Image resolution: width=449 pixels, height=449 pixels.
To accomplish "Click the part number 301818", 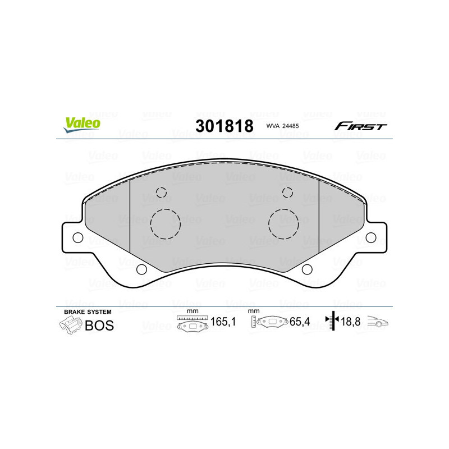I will [x=224, y=126].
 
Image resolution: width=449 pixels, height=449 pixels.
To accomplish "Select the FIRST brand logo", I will [x=360, y=126].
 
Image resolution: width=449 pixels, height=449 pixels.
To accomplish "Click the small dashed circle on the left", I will [x=162, y=193].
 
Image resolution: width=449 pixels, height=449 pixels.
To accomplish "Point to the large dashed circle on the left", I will [x=166, y=223].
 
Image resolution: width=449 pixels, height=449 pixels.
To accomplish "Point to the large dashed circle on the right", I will [x=284, y=223].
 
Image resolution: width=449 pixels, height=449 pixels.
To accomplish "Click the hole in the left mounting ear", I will [x=78, y=238].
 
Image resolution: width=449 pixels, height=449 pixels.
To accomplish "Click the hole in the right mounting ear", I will [x=371, y=238].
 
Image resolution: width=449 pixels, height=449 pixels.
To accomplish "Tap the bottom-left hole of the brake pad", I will [x=142, y=269].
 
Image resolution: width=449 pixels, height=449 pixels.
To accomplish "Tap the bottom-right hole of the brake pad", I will [x=306, y=269].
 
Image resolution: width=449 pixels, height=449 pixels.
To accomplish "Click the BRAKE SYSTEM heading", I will [x=88, y=311].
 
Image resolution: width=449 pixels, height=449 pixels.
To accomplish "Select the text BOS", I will [x=99, y=326].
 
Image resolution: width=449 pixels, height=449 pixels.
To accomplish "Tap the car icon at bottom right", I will [x=378, y=323].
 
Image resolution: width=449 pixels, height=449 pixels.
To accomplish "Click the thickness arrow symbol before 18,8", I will [x=333, y=322].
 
